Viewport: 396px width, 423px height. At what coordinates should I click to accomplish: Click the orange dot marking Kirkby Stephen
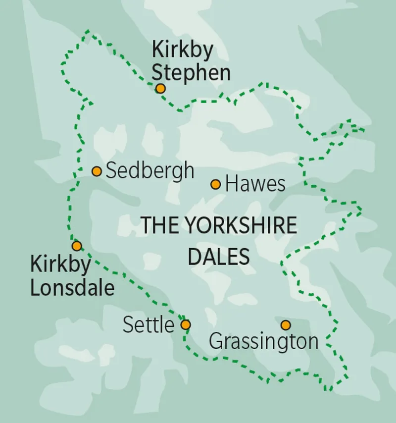tap(160, 89)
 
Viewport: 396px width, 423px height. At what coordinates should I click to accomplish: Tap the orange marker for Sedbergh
tap(97, 171)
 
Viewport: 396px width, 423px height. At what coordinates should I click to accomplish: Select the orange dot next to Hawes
tap(215, 185)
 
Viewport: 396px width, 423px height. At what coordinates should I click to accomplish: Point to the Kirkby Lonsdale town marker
tap(76, 246)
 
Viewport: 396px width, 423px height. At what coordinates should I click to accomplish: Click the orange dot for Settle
tap(185, 325)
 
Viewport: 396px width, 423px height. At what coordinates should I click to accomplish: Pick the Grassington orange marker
tap(286, 325)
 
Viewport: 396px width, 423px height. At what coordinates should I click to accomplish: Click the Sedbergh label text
tap(150, 171)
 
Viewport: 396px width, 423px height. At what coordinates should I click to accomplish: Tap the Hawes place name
tap(255, 185)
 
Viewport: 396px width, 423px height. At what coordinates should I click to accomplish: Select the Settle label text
tap(148, 325)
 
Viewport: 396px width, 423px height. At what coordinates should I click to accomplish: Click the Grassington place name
tap(263, 342)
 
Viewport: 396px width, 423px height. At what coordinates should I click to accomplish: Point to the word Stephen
tap(191, 73)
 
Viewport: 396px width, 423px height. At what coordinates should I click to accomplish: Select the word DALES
tap(219, 257)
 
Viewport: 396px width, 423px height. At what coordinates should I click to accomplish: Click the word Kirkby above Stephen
tap(183, 51)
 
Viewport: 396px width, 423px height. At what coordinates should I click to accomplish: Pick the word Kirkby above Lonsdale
tap(61, 264)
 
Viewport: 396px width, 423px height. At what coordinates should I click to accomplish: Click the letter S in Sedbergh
tap(112, 171)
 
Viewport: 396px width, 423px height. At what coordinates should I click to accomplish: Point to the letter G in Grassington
tap(216, 342)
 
